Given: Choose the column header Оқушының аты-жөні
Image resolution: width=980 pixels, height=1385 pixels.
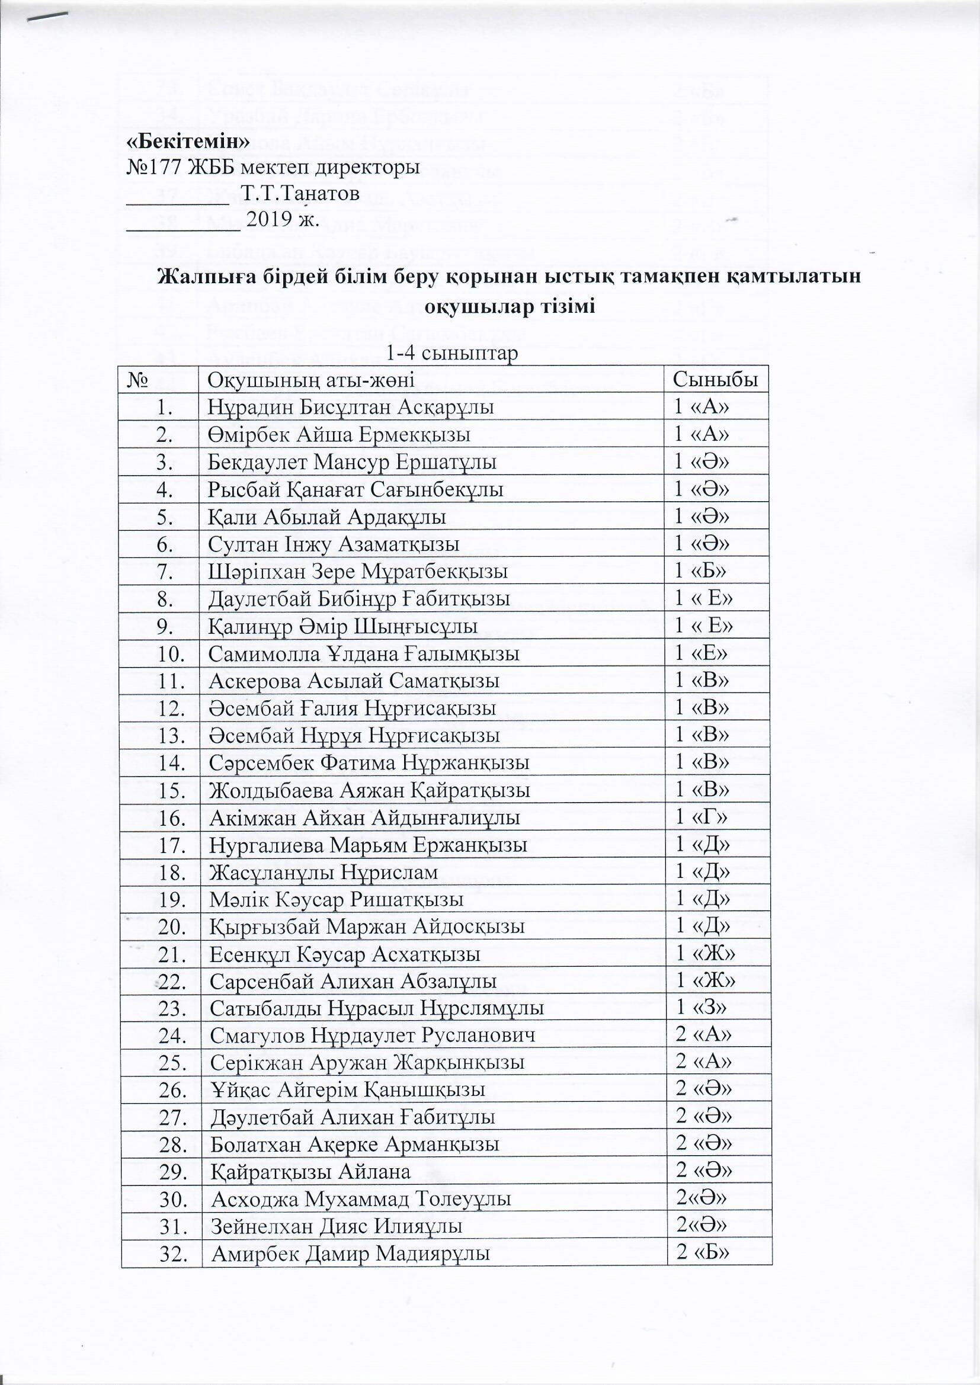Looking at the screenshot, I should click(x=311, y=381).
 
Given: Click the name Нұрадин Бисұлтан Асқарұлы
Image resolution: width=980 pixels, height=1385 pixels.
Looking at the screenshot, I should click(x=351, y=408).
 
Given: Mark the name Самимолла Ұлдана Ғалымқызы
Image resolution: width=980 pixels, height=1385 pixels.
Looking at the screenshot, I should click(x=364, y=654).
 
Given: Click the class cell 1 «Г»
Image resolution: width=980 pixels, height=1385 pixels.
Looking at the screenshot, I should click(x=700, y=818).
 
